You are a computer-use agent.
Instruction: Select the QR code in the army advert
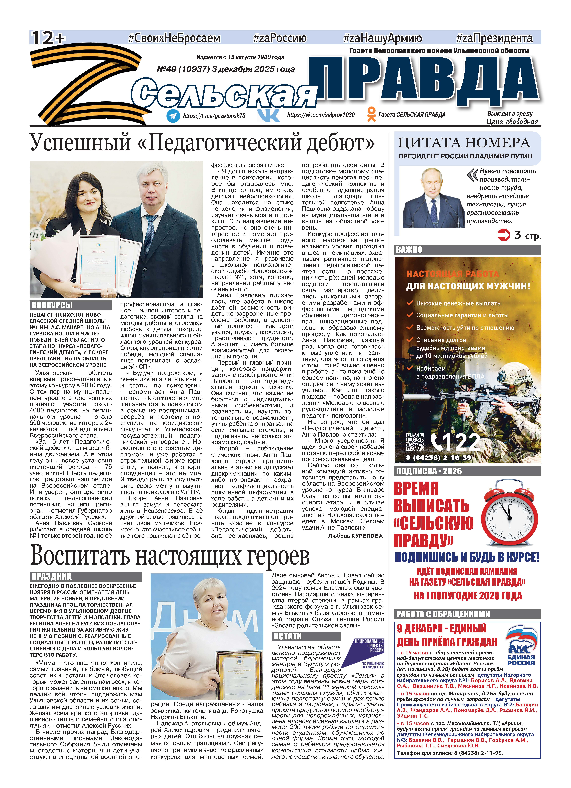[415, 442]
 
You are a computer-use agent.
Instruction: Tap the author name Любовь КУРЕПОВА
[355, 536]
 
